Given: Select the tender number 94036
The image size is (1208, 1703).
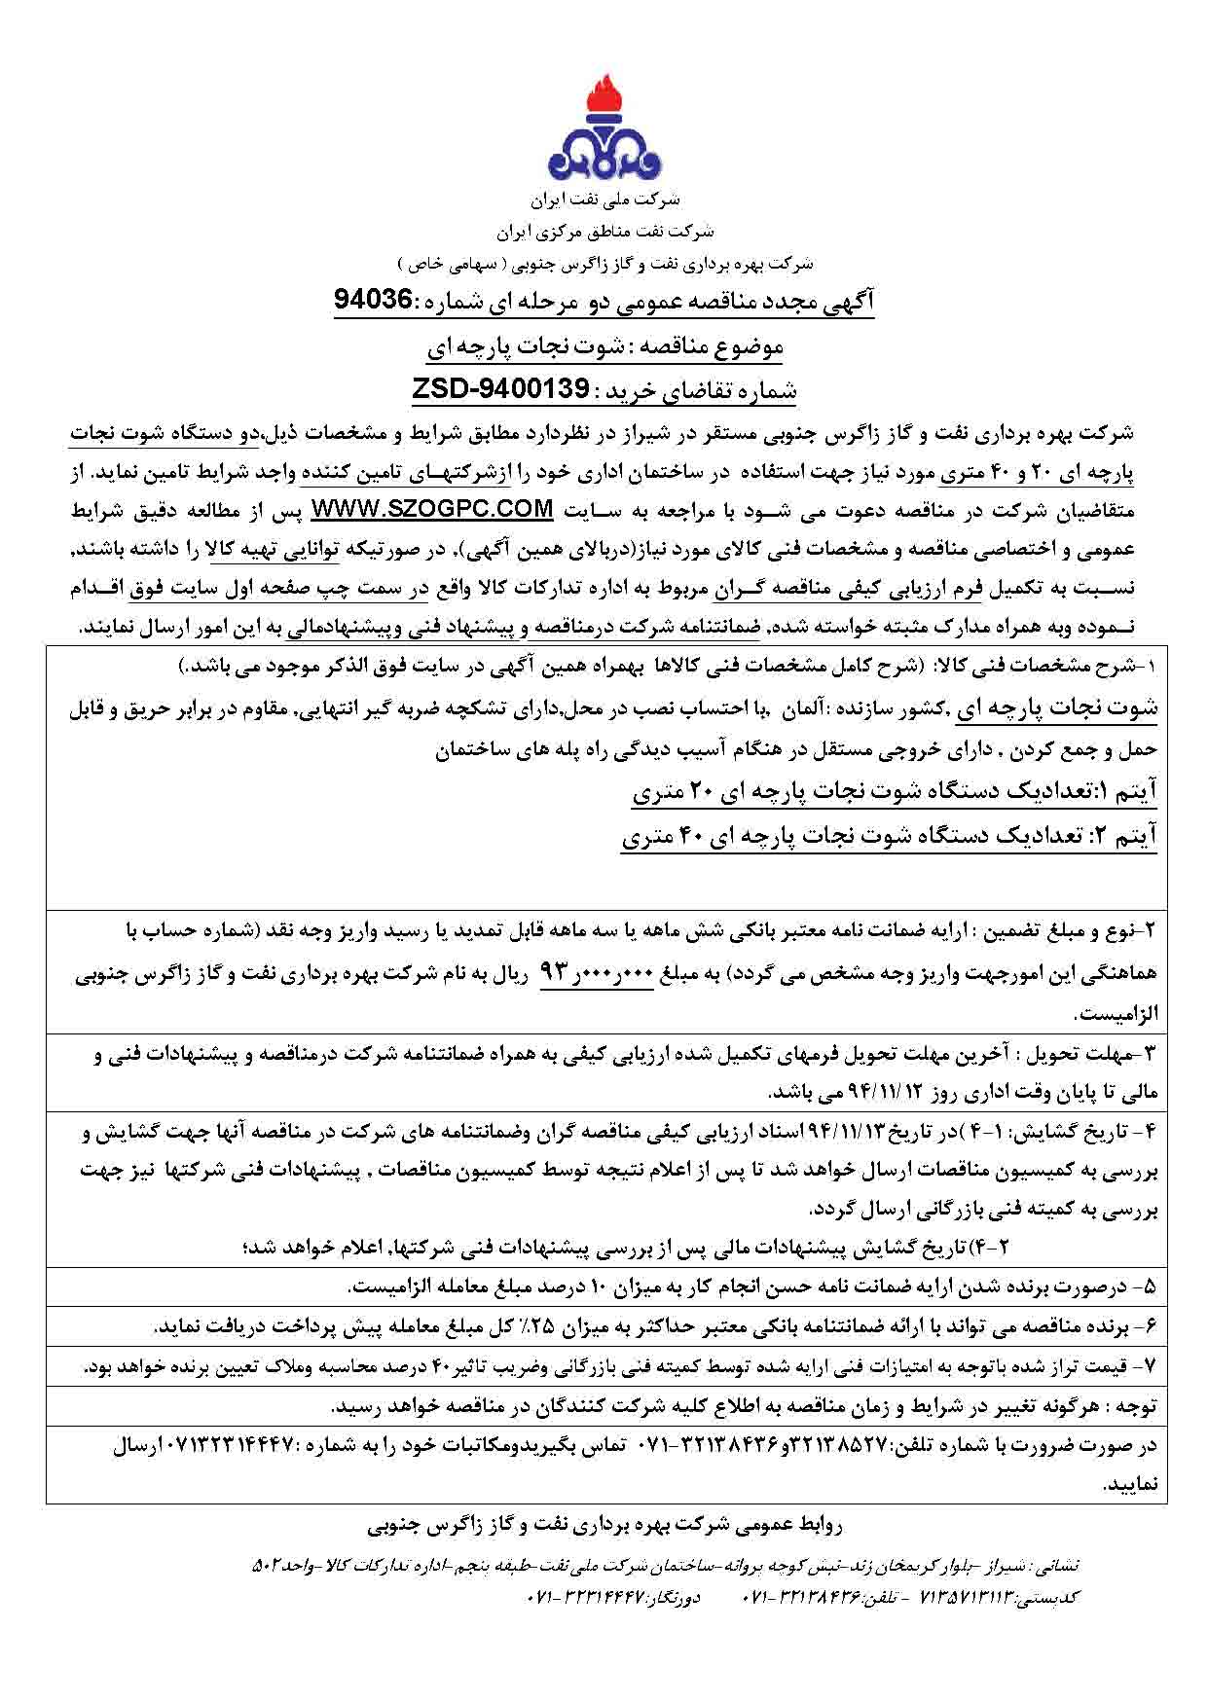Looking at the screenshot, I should (374, 300).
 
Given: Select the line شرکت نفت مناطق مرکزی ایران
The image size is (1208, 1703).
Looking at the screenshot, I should (604, 233).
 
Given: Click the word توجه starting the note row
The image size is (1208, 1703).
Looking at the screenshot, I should (1138, 1407).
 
